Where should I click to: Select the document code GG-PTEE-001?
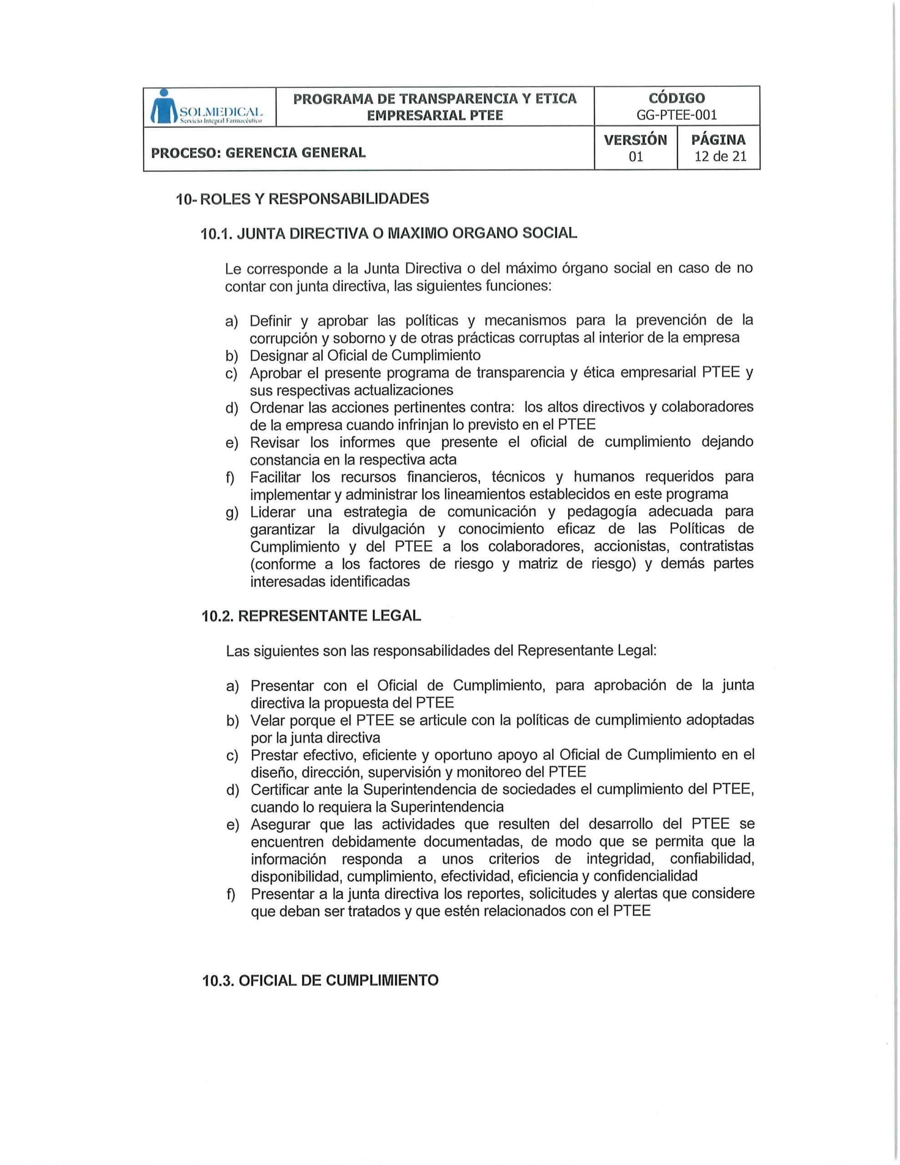pyautogui.click(x=677, y=115)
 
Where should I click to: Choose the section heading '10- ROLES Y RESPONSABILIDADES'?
pyautogui.click(x=303, y=199)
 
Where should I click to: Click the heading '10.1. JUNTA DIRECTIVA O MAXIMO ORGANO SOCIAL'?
pyautogui.click(x=389, y=233)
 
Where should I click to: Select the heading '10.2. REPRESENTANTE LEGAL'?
pyautogui.click(x=312, y=616)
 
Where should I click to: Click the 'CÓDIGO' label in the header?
pyautogui.click(x=677, y=98)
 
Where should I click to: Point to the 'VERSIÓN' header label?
pyautogui.click(x=635, y=140)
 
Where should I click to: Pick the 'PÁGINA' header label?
pyautogui.click(x=718, y=140)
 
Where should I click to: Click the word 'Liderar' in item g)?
pyautogui.click(x=273, y=512)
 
